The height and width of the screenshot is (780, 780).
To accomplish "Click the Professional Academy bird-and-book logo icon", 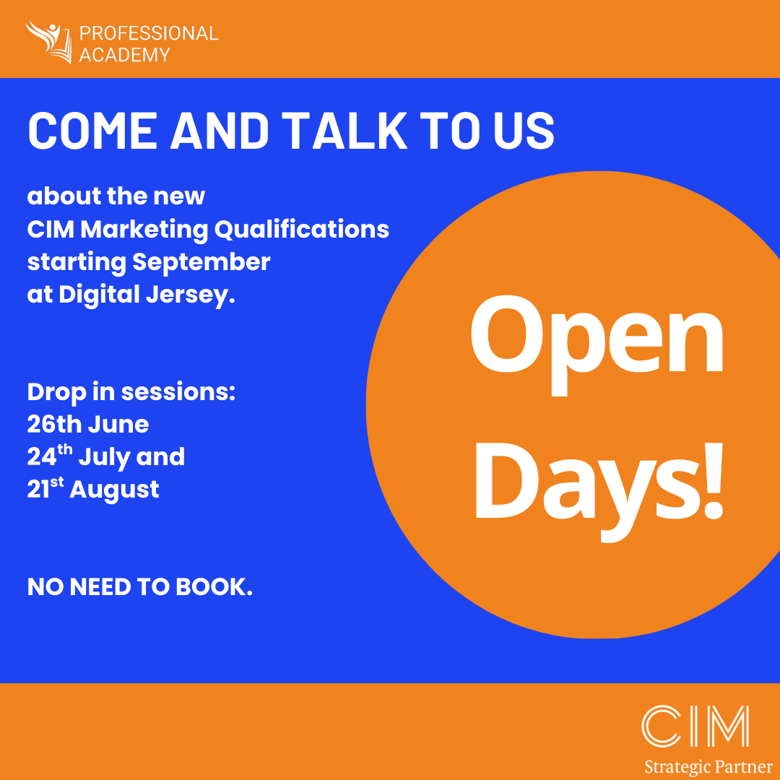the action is click(49, 42).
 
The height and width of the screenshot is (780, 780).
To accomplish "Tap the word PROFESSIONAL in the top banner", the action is click(149, 33).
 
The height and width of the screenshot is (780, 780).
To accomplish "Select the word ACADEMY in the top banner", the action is click(124, 55).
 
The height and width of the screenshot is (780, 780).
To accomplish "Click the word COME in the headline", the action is click(92, 130).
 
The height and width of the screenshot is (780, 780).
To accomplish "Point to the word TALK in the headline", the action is click(344, 130).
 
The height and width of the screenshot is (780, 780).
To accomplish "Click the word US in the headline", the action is click(524, 130).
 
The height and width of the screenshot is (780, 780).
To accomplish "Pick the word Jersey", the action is click(190, 295).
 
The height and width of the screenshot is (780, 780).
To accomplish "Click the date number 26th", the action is click(54, 425).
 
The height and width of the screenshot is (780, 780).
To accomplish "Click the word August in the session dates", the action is click(114, 490).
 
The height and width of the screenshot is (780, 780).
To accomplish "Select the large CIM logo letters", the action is click(695, 726).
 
